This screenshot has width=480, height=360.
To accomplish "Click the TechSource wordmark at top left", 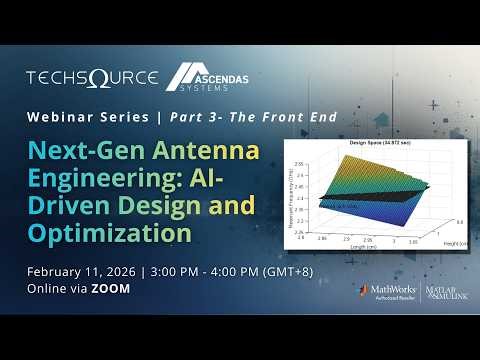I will (91, 77).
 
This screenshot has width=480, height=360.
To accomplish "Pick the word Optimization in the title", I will (109, 232).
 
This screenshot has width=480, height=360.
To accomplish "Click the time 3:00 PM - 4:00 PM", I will (219, 271).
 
